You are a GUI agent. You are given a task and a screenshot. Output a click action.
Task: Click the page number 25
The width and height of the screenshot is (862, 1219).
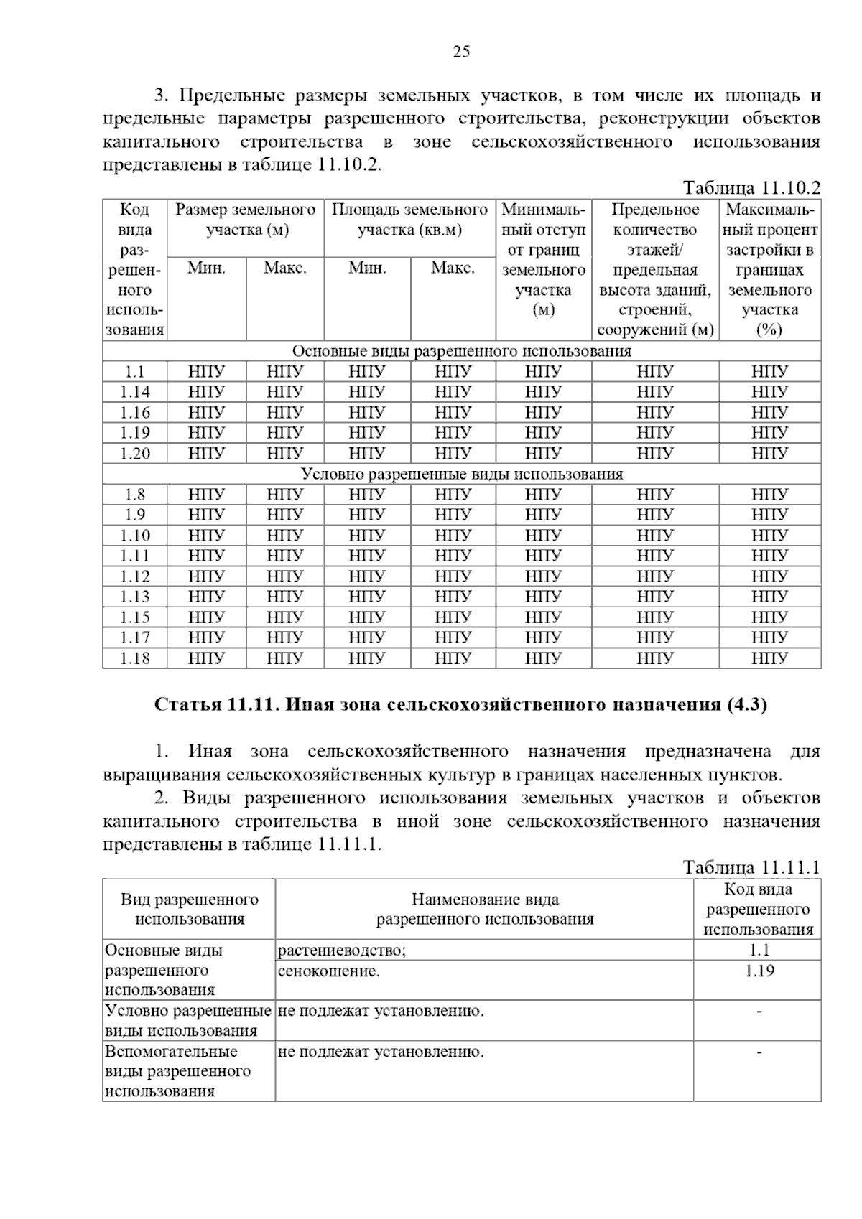tap(461, 51)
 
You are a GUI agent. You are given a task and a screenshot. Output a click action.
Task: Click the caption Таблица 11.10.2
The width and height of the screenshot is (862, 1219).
tap(751, 188)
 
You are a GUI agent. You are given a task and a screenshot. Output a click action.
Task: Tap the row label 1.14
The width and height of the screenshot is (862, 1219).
tap(134, 392)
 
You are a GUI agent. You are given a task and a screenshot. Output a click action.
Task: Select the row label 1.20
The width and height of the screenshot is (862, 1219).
tap(134, 454)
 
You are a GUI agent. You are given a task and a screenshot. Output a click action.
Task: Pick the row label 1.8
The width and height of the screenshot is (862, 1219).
tap(134, 495)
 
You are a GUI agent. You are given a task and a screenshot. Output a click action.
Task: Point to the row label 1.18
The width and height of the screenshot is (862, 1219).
tap(134, 658)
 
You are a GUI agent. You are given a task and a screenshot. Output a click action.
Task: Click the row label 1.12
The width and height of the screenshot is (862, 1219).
tap(134, 576)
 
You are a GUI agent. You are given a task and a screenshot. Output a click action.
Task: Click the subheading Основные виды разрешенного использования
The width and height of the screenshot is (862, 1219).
tap(461, 351)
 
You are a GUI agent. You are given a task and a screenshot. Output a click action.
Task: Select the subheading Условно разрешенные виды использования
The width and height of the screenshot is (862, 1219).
tap(461, 475)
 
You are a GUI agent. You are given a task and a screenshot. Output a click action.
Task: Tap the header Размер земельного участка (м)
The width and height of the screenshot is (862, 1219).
tap(246, 220)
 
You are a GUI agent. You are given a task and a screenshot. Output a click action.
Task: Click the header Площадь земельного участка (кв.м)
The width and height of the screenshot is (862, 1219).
tap(409, 220)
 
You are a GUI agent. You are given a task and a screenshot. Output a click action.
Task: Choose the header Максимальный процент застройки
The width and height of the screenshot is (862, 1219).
tap(770, 269)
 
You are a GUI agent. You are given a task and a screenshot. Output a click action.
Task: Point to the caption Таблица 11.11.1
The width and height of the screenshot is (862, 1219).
tap(751, 867)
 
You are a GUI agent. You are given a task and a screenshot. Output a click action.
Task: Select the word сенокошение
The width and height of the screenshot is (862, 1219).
tap(328, 971)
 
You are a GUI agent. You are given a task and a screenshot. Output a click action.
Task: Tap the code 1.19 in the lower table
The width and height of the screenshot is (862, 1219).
tap(758, 971)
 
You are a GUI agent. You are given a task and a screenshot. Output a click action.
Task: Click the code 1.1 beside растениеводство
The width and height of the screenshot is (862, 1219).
tap(758, 951)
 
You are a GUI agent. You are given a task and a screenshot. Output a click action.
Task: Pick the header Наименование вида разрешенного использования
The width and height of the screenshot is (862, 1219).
tap(485, 909)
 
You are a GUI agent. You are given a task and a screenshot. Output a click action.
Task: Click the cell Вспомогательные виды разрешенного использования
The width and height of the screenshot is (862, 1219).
tap(177, 1071)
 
